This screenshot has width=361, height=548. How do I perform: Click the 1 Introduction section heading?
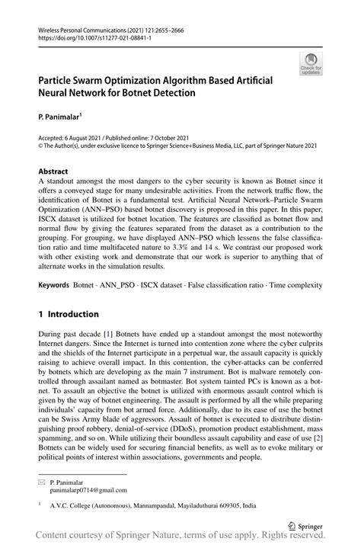69,314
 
